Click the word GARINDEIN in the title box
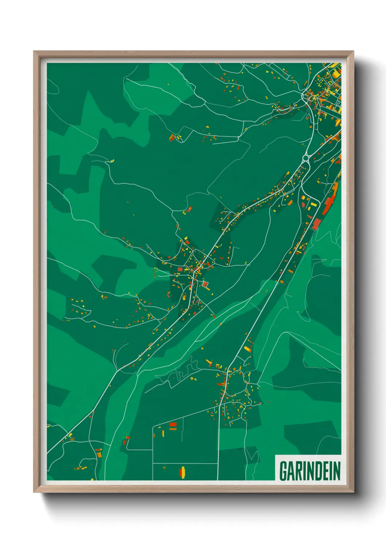click(309, 471)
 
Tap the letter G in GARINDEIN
click(283, 471)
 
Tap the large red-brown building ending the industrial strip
click(316, 223)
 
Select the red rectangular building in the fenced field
click(173, 424)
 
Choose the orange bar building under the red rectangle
click(173, 429)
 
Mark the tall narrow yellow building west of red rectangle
click(163, 433)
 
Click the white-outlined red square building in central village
click(205, 284)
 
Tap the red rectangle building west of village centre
click(180, 269)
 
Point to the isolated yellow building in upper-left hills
click(112, 161)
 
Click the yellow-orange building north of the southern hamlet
click(248, 348)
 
